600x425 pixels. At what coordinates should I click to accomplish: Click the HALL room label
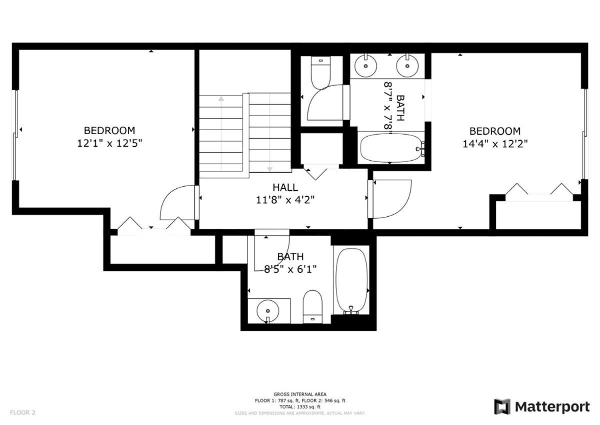tap(285, 187)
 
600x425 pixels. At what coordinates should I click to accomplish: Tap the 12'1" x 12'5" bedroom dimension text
tap(109, 144)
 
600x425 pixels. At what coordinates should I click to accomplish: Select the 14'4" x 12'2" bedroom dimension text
tap(495, 144)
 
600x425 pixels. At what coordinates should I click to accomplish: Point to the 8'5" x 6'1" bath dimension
tap(290, 269)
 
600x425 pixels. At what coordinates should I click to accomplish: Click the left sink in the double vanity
tap(365, 66)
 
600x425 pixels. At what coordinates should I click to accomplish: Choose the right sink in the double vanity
tap(407, 66)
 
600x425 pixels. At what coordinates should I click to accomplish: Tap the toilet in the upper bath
tap(320, 73)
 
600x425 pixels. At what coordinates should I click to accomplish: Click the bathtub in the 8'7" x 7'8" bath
tap(391, 148)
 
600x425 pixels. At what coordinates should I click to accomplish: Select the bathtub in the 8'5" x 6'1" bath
tap(351, 280)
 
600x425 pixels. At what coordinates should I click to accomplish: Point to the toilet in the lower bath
tap(312, 306)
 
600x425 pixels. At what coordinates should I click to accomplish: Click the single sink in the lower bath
tap(268, 311)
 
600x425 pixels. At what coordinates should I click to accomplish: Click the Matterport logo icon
tap(502, 407)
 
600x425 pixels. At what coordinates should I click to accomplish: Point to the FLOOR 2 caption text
tap(22, 412)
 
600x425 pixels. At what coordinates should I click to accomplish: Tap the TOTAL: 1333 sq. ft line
tap(299, 407)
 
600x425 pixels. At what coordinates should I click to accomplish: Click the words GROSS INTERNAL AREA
tap(299, 394)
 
